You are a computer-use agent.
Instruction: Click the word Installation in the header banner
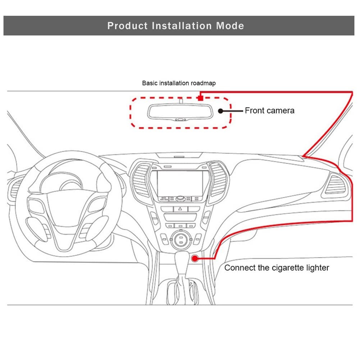pos(182,26)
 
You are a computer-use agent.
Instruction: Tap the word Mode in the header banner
pos(230,26)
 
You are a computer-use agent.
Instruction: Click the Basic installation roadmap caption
pos(179,83)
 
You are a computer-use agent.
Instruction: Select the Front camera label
pos(269,110)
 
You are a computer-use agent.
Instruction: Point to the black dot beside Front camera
pos(221,111)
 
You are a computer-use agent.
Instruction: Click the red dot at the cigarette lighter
pos(195,258)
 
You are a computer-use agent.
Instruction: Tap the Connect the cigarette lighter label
pos(277,268)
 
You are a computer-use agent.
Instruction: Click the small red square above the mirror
pos(200,98)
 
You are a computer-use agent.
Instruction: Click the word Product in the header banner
pos(128,26)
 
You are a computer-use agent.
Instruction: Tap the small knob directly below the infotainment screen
pos(179,198)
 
